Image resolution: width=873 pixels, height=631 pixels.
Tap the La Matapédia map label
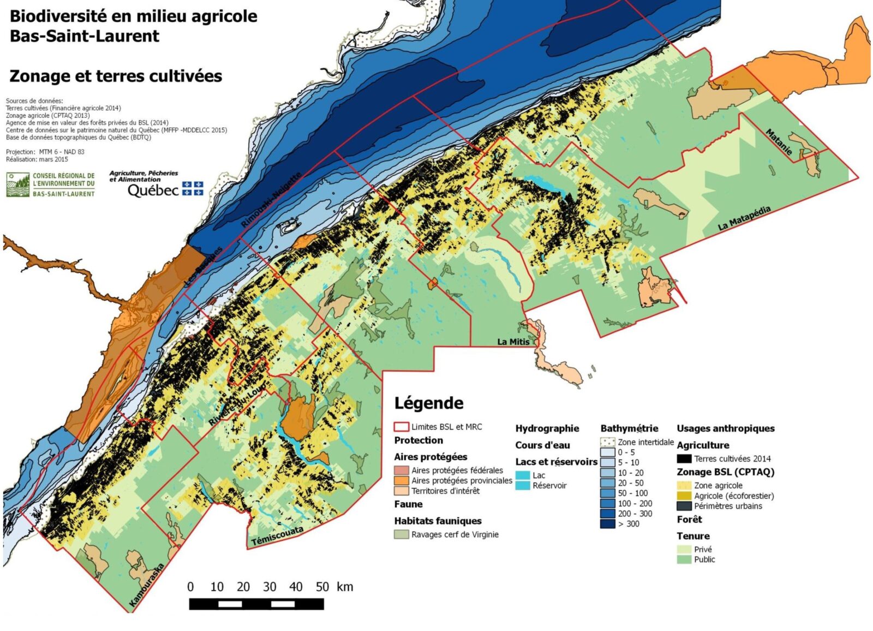click(744, 218)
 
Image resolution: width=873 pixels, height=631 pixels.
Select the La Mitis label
click(513, 342)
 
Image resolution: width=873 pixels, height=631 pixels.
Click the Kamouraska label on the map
click(146, 585)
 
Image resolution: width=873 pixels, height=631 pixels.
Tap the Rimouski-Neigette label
click(271, 200)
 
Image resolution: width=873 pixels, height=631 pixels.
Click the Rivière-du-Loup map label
click(238, 403)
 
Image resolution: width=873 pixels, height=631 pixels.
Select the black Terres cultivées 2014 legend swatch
click(684, 459)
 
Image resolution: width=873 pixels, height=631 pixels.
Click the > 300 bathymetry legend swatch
click(607, 524)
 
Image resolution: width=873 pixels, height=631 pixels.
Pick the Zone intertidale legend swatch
click(607, 442)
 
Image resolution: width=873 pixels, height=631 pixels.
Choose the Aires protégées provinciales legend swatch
click(402, 480)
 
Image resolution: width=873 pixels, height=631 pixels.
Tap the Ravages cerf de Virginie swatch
click(402, 534)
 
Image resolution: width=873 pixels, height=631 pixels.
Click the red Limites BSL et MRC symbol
click(402, 427)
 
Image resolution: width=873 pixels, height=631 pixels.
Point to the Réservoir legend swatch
click(522, 485)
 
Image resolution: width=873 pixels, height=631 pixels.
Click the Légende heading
click(428, 403)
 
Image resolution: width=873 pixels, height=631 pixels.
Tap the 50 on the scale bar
click(322, 587)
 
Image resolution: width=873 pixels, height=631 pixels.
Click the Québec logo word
click(153, 190)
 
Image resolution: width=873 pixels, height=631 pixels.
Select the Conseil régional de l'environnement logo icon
click(17, 184)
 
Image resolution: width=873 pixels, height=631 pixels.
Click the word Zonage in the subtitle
click(39, 76)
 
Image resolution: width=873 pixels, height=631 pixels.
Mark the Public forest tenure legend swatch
click(684, 559)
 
